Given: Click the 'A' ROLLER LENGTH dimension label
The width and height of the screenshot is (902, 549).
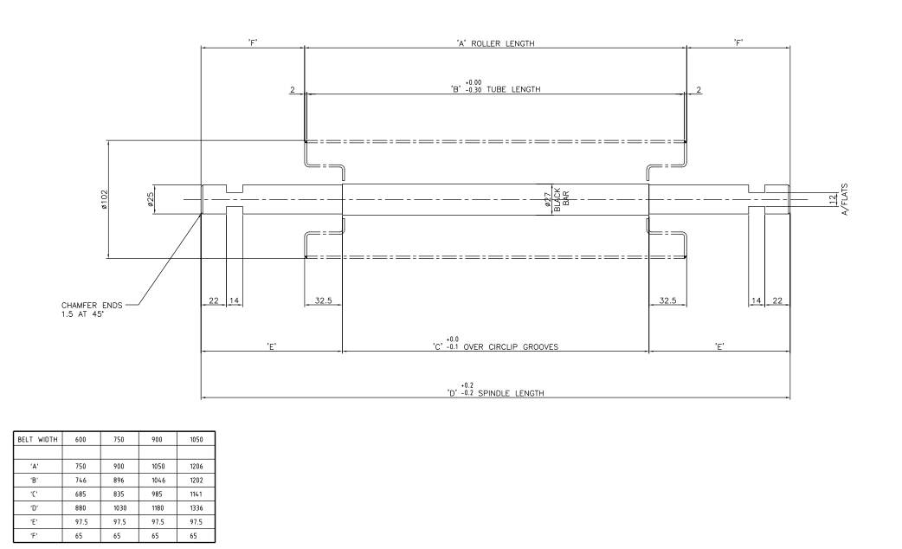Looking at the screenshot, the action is pos(495,43).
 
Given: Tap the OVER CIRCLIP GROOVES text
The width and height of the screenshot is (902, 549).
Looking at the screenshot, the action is pos(511,347).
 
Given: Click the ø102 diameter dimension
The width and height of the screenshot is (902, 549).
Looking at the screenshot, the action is pos(104,199).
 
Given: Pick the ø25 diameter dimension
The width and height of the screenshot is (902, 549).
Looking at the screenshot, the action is pos(150,199).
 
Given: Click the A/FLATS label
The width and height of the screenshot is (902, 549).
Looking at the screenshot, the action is pos(845,200).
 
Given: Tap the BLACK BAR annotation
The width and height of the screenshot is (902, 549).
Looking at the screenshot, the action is pos(562,200).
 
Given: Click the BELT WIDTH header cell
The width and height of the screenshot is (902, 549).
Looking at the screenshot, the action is pos(37,439).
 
